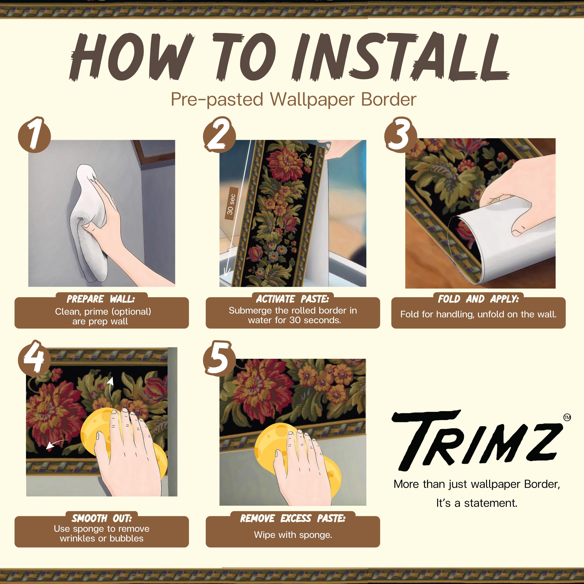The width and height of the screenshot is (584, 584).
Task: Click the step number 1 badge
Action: pyautogui.click(x=34, y=135)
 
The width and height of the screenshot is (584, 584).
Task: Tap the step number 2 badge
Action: pyautogui.click(x=219, y=135)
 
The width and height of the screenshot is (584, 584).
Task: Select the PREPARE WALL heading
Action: pyautogui.click(x=101, y=299)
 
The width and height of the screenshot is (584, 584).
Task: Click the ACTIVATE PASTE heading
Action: pyautogui.click(x=292, y=299)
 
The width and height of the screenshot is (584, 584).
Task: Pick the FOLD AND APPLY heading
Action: pyautogui.click(x=478, y=299)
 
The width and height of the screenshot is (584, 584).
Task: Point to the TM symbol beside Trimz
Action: pyautogui.click(x=567, y=417)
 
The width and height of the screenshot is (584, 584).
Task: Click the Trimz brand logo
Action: pyautogui.click(x=477, y=440)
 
